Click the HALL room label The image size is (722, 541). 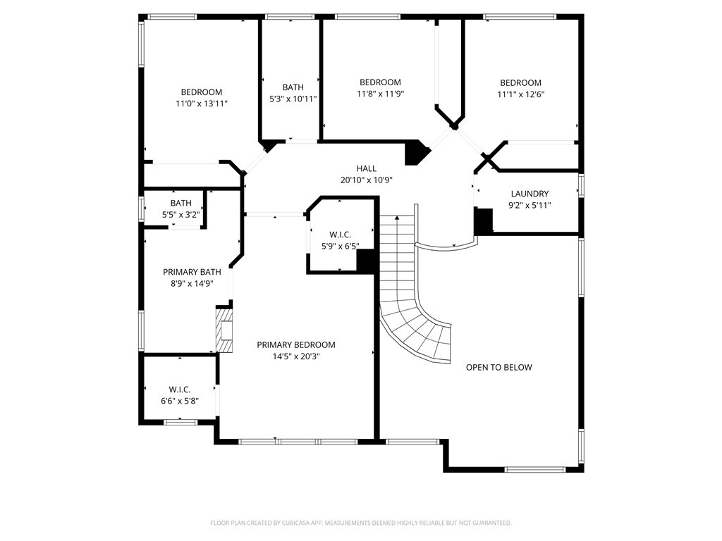(366, 168)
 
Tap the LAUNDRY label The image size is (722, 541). (530, 194)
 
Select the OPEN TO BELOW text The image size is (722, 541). (498, 367)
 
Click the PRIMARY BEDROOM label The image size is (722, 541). (295, 344)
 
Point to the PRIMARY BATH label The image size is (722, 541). (192, 272)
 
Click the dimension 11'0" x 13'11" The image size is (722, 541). (201, 104)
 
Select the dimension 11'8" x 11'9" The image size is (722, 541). (380, 94)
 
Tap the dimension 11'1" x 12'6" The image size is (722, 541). (520, 94)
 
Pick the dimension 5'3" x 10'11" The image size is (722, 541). (293, 99)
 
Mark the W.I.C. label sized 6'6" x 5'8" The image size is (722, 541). (179, 390)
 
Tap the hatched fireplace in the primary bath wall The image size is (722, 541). (224, 329)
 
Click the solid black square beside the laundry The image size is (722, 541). (483, 221)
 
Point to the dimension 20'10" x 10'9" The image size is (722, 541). (366, 180)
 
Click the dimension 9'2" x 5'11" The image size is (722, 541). (530, 205)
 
